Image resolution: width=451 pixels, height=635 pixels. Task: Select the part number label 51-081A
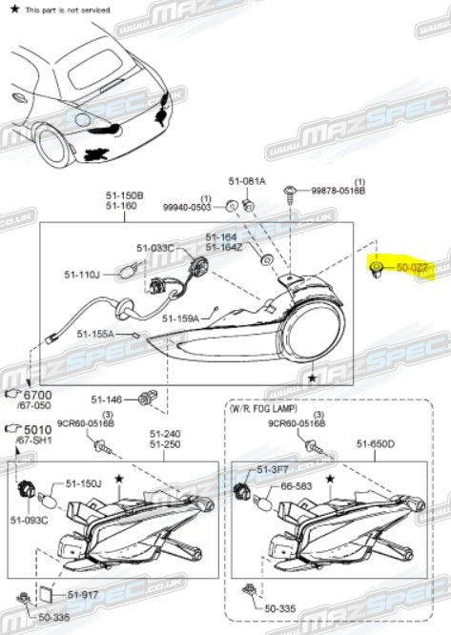click(x=247, y=180)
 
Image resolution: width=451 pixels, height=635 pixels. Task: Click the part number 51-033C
click(x=154, y=248)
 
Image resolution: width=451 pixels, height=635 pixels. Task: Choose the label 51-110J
click(x=82, y=275)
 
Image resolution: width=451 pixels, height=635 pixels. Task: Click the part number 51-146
click(x=107, y=399)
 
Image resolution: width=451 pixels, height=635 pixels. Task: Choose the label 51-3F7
click(x=270, y=469)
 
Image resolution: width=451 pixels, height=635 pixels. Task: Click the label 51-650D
click(x=376, y=442)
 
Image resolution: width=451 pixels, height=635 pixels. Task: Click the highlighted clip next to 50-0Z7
click(x=377, y=269)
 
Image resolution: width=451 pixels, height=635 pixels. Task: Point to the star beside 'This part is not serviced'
click(x=14, y=8)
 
